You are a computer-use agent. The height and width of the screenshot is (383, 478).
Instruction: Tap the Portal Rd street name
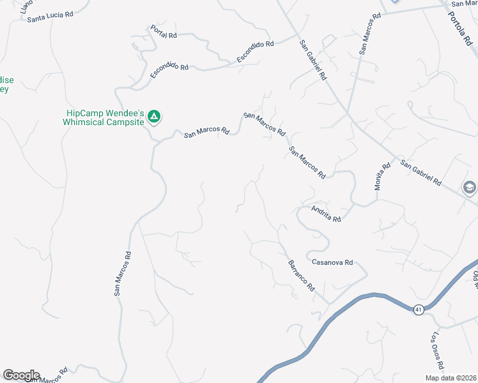tap(163, 31)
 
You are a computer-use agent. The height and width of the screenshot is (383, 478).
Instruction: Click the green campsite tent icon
tap(153, 116)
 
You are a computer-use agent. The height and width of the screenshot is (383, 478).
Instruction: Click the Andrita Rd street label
tap(326, 213)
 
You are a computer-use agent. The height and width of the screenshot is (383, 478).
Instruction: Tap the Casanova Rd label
tap(332, 262)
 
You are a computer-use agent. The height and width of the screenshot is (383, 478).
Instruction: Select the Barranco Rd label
tap(300, 276)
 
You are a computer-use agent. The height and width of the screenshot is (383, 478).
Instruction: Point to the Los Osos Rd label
tap(438, 351)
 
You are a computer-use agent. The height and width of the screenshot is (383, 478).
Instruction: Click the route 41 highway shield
tap(419, 310)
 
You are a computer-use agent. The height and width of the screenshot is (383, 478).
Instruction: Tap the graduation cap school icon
tap(469, 188)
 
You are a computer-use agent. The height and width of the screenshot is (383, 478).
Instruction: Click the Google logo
tap(21, 375)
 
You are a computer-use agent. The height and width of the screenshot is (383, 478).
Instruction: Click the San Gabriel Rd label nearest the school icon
tap(420, 172)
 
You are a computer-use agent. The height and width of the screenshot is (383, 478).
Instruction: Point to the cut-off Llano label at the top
tap(26, 6)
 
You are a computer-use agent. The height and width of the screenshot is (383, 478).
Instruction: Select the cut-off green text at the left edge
tap(6, 85)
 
